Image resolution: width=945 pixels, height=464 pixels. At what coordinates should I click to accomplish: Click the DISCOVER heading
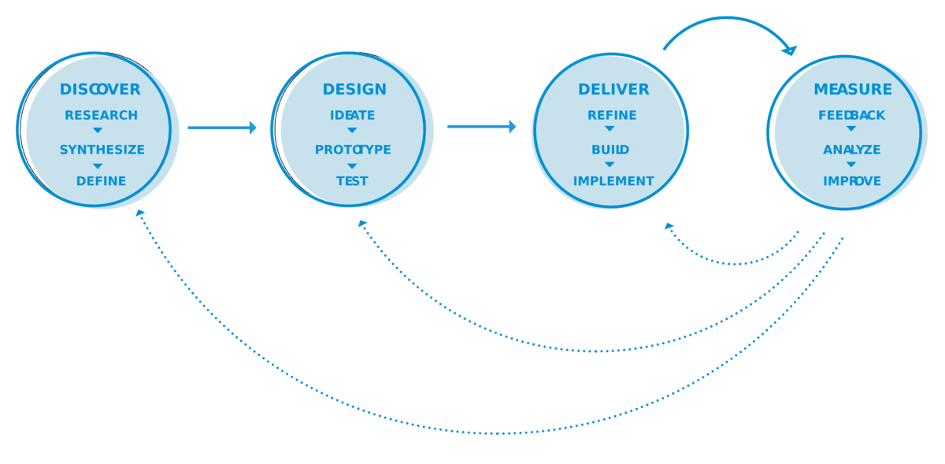tap(100, 89)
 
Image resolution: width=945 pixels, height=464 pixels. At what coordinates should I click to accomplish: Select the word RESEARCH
tap(101, 115)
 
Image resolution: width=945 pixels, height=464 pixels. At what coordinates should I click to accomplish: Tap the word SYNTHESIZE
tap(102, 150)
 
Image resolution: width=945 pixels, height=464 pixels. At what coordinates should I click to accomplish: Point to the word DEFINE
tap(101, 180)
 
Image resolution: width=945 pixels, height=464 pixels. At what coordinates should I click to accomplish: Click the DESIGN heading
tap(354, 89)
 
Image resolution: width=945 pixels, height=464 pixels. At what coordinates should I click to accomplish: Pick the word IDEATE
tap(352, 115)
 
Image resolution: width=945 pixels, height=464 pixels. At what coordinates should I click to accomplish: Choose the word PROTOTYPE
tap(353, 150)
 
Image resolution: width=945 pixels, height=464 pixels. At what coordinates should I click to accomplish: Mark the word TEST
tap(352, 180)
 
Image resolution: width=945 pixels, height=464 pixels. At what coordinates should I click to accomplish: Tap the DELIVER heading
tap(613, 89)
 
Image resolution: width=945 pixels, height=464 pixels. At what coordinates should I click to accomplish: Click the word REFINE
tap(612, 115)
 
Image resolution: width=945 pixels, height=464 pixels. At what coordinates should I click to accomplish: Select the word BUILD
tap(610, 150)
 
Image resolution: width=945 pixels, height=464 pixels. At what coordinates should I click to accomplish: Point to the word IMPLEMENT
tap(613, 180)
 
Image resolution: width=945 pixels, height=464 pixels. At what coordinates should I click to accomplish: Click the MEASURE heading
tap(853, 89)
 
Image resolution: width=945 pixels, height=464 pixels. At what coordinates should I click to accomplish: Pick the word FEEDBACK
tap(851, 115)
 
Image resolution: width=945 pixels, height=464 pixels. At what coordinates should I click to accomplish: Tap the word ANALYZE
tap(852, 150)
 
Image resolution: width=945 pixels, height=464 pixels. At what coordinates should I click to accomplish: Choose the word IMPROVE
tap(852, 180)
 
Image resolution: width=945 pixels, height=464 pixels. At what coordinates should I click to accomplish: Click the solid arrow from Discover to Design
tap(222, 128)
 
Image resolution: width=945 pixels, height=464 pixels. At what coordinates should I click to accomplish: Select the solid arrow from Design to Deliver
tap(481, 127)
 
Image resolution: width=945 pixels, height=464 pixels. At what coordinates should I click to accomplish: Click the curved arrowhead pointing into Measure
tap(790, 49)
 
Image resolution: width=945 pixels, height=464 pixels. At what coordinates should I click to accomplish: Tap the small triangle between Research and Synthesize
tap(98, 130)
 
